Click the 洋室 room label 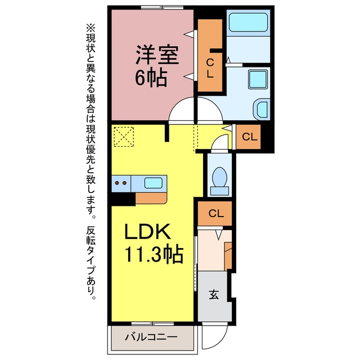[157, 55]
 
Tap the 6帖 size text [151, 78]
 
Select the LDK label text [147, 231]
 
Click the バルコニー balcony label [151, 337]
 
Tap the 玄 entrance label [214, 294]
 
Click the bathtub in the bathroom [248, 22]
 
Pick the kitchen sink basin [154, 183]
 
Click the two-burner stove [121, 183]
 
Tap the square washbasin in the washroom [258, 79]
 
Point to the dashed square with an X [124, 137]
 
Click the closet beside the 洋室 [210, 55]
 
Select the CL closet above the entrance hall [215, 214]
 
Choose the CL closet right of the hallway [248, 137]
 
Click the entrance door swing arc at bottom [214, 336]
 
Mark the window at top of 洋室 [162, 7]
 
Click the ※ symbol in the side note [91, 28]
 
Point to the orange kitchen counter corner [151, 198]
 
